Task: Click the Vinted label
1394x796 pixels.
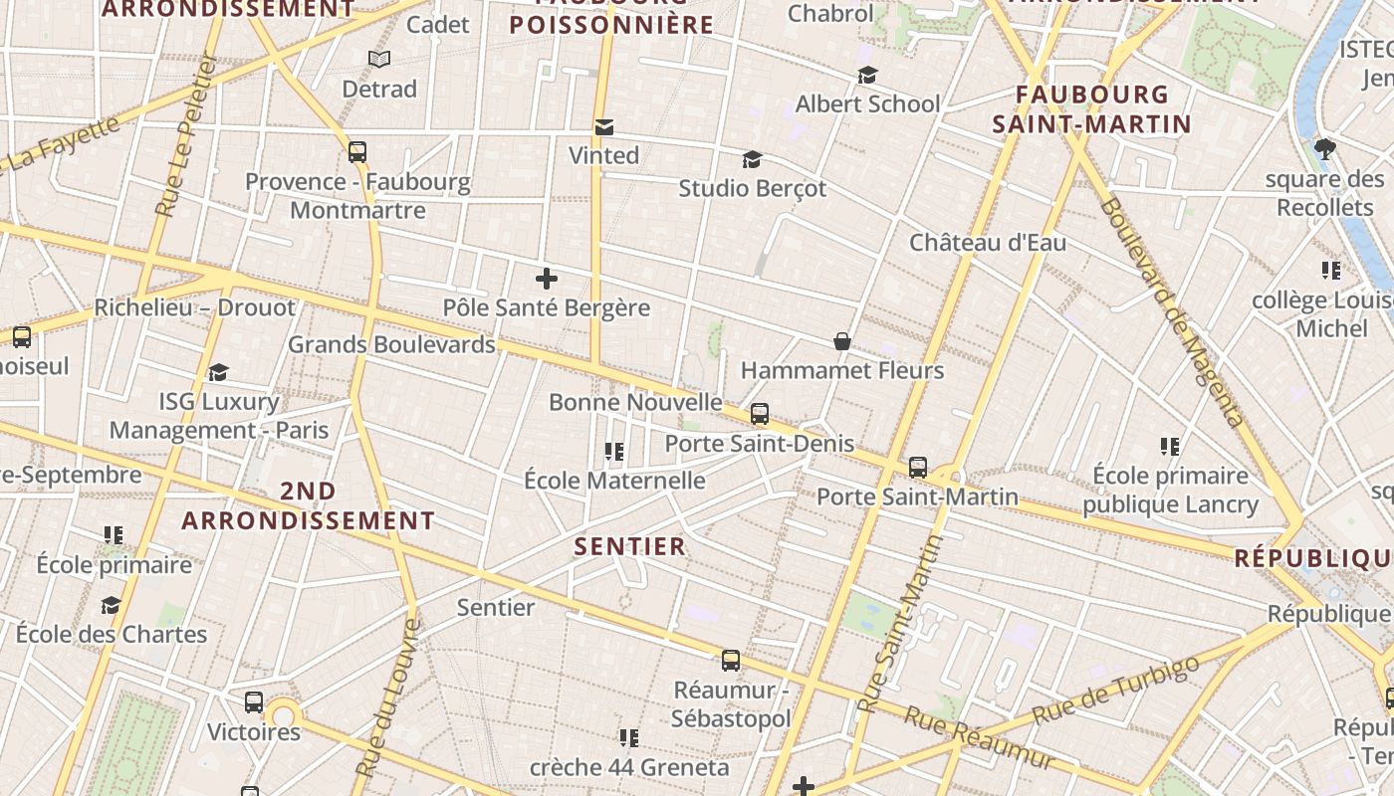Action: click(x=603, y=155)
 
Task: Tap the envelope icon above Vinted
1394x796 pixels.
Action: click(x=603, y=127)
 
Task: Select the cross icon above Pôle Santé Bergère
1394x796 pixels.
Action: click(x=547, y=280)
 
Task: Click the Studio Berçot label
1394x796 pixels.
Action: click(x=752, y=188)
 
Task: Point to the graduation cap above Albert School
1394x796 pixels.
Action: click(x=868, y=76)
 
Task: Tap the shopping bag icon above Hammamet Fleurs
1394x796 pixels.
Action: click(x=842, y=341)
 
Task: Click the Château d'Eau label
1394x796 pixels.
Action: click(x=987, y=243)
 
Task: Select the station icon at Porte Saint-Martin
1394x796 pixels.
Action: click(x=918, y=467)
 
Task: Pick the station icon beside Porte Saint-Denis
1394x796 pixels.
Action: click(x=760, y=414)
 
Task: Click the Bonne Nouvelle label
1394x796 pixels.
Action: click(x=635, y=402)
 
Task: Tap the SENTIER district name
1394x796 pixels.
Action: click(x=630, y=546)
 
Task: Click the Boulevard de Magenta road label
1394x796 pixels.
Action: click(x=1172, y=312)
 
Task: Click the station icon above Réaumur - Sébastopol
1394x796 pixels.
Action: click(x=731, y=661)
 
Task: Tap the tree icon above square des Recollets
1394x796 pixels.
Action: click(x=1324, y=149)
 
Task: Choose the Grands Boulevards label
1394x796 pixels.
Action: click(x=391, y=345)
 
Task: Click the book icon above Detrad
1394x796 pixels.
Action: click(x=379, y=60)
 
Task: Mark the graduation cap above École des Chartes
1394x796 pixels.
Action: click(x=111, y=605)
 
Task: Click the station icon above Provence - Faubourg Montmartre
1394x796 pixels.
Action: click(x=357, y=152)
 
